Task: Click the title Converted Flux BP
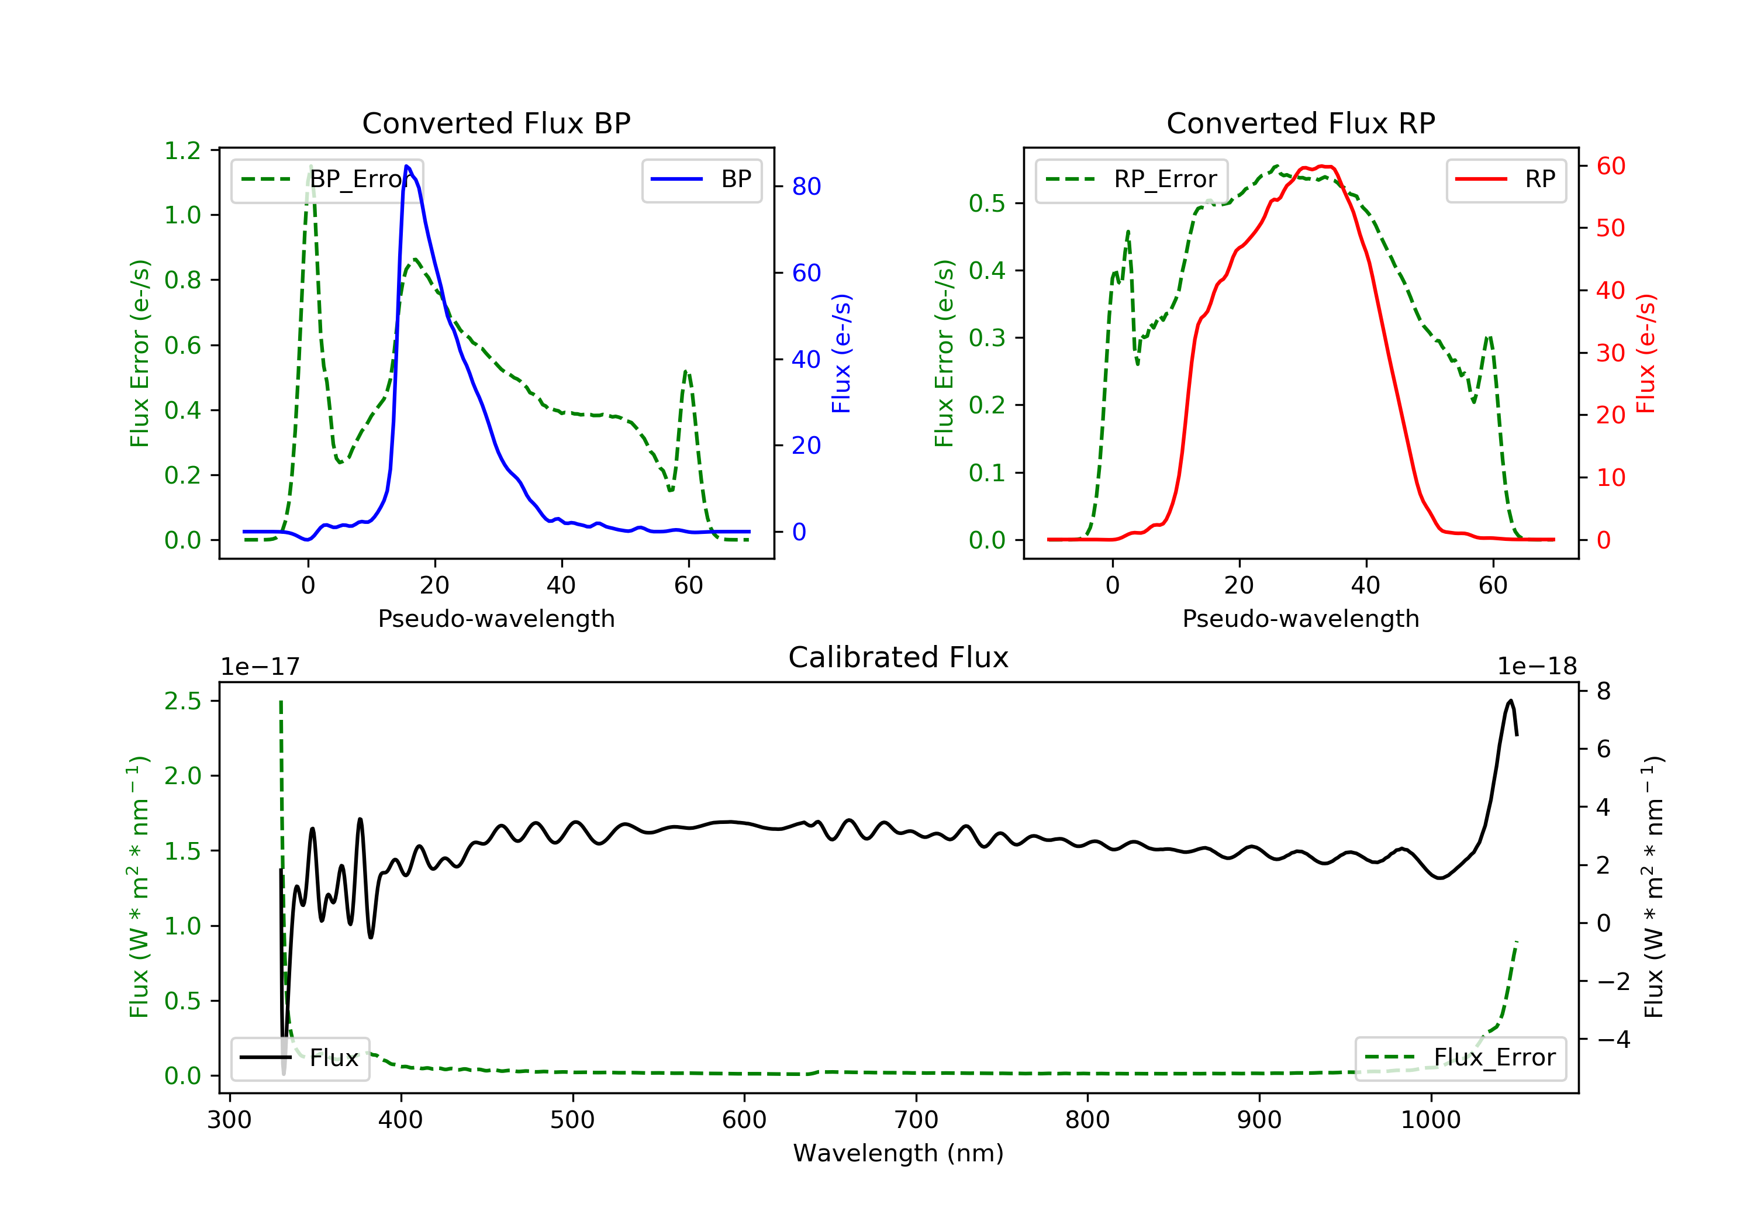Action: coord(496,123)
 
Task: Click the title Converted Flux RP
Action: coord(1300,123)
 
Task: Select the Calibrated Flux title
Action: coord(899,657)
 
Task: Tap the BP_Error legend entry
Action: coord(327,180)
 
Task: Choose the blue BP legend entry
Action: coord(701,180)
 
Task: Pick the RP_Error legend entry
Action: coord(1131,180)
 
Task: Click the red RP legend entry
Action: coord(1506,180)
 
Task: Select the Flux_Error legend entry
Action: coord(1460,1058)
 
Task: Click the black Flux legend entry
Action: coord(299,1058)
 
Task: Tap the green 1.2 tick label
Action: coord(182,150)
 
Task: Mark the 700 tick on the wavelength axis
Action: coord(916,1120)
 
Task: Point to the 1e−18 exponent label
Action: coord(1537,667)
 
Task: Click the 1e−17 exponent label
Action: coord(261,667)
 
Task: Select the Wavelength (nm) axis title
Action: coord(899,1153)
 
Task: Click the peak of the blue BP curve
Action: coord(407,166)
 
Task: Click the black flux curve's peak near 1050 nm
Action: coord(1510,700)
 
